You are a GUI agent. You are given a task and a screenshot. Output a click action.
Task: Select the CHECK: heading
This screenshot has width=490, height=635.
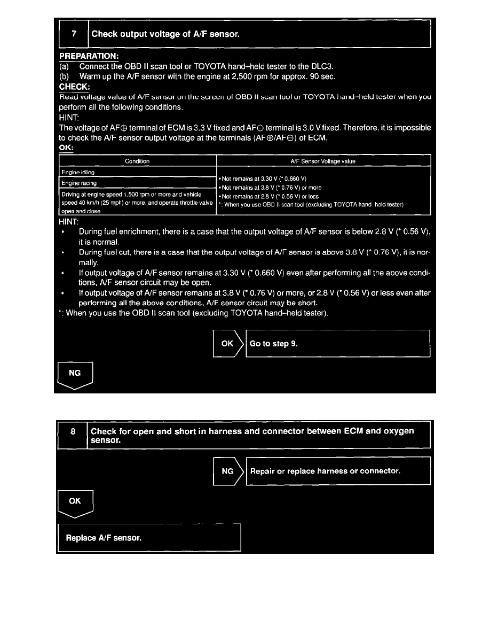coord(75,87)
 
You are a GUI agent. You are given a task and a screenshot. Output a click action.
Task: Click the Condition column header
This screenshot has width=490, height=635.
coord(137,161)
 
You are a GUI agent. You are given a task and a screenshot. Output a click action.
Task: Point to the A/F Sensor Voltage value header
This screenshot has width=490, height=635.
coord(323,161)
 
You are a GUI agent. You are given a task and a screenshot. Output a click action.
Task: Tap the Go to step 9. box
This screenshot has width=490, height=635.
coord(337,343)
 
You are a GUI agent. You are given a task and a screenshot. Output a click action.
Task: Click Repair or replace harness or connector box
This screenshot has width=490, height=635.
coord(337,471)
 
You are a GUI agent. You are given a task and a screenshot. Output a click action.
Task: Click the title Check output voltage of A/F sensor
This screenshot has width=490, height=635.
coord(165,34)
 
